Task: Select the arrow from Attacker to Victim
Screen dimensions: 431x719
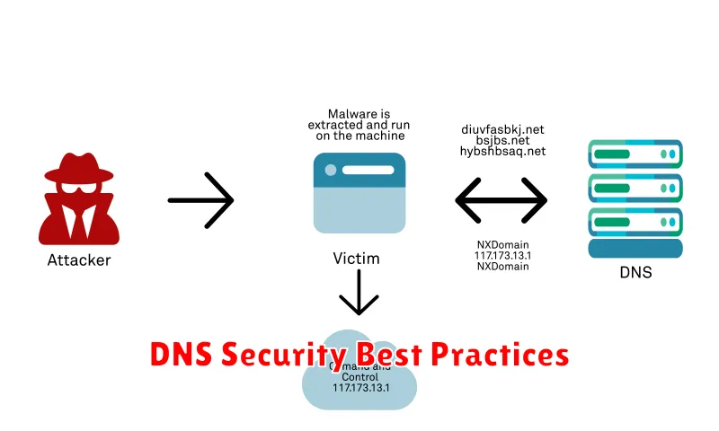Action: tap(200, 199)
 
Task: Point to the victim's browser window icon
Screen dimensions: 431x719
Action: tap(359, 193)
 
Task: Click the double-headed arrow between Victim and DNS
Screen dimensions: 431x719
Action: tap(501, 199)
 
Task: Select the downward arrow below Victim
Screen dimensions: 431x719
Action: tap(358, 293)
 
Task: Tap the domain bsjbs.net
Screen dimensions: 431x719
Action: tap(502, 140)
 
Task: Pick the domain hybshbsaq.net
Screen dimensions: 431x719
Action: tap(502, 152)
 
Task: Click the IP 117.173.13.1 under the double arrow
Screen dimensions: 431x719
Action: tap(501, 255)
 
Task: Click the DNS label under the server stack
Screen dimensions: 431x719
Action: tap(635, 272)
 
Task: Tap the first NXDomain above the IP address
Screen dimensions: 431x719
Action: tap(501, 244)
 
